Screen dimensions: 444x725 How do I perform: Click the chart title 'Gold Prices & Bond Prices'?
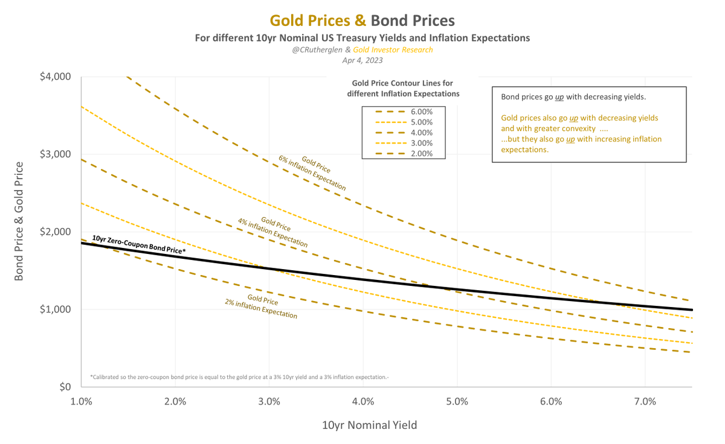click(x=362, y=21)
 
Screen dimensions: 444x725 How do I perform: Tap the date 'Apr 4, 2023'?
click(x=362, y=60)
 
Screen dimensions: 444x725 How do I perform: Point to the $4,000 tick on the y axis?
click(x=54, y=77)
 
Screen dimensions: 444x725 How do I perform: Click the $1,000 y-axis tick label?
click(x=54, y=309)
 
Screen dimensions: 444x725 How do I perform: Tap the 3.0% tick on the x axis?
click(x=269, y=401)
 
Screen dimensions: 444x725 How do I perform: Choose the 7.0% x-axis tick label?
click(x=645, y=401)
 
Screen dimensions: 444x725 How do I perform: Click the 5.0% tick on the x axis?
click(x=457, y=401)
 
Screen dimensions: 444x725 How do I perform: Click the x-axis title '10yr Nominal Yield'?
click(x=369, y=425)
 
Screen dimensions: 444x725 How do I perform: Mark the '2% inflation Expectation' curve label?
click(x=262, y=307)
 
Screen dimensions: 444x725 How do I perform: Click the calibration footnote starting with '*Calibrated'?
click(x=239, y=377)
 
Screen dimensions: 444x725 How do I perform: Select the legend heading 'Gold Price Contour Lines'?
click(x=403, y=88)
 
